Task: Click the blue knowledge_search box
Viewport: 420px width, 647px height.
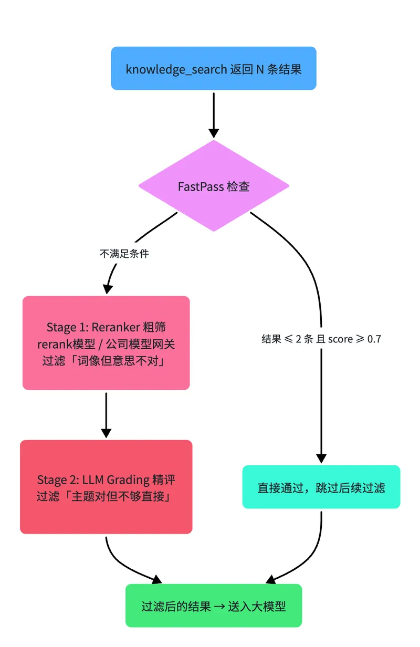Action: point(214,68)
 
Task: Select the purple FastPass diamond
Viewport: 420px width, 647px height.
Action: point(214,186)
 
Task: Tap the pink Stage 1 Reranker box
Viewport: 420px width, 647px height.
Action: point(106,343)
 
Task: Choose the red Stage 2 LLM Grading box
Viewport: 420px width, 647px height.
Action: point(106,487)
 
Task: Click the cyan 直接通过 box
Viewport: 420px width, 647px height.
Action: point(321,487)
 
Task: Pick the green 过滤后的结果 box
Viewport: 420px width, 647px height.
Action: point(214,606)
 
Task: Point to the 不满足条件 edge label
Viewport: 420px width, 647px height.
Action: point(124,254)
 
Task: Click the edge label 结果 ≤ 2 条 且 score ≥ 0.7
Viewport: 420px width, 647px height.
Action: point(321,339)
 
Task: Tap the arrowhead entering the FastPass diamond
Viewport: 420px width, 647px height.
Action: point(214,133)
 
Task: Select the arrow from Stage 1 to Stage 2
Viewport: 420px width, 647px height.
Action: point(106,415)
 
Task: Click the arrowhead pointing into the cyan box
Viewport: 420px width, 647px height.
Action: point(321,458)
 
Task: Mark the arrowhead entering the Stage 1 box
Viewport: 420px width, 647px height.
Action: point(108,289)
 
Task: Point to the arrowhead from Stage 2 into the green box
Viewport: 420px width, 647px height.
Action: point(157,579)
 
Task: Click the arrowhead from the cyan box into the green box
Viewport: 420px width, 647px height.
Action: point(271,579)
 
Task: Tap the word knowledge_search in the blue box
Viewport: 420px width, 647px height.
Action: point(176,70)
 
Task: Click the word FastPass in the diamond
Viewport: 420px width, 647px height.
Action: point(201,186)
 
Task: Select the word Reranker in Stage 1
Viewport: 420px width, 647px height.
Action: point(115,327)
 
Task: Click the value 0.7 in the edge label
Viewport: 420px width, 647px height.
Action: point(374,339)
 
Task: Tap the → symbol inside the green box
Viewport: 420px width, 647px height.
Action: point(219,606)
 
